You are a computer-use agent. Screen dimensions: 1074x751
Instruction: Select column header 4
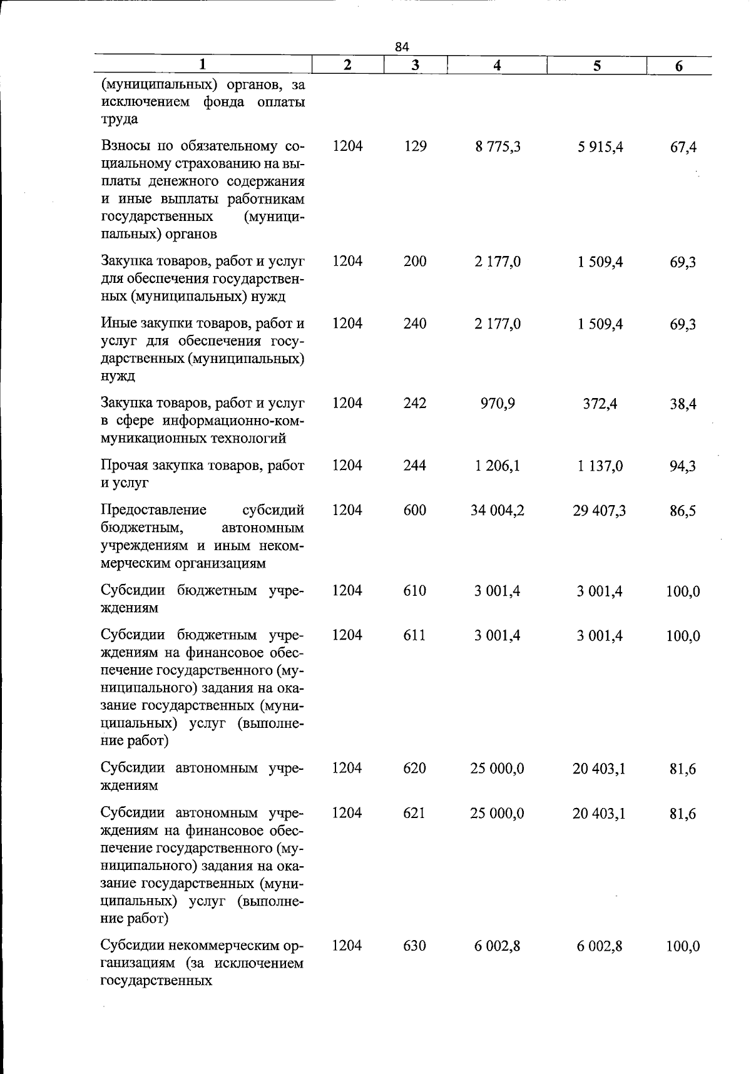(x=497, y=66)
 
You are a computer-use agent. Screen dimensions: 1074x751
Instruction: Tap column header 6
(x=679, y=66)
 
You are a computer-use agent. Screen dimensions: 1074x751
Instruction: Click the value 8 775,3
(x=497, y=147)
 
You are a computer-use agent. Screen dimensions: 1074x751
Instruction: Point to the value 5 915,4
(x=600, y=148)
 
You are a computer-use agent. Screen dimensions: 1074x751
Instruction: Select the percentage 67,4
(x=683, y=148)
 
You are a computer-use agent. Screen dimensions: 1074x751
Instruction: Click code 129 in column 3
(x=415, y=146)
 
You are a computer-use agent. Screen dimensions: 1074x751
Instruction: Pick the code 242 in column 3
(x=415, y=403)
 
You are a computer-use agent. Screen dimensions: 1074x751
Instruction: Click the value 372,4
(x=600, y=404)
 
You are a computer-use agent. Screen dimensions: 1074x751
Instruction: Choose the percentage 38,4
(x=683, y=404)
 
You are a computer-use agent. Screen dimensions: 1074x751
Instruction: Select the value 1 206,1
(x=497, y=466)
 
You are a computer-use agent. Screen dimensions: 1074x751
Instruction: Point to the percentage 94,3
(x=683, y=466)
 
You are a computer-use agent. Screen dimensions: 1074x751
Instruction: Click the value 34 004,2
(x=497, y=511)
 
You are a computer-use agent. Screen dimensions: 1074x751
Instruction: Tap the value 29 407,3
(x=599, y=511)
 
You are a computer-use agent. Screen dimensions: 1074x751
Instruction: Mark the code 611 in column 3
(x=415, y=635)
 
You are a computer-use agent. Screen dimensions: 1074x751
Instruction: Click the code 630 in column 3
(x=415, y=945)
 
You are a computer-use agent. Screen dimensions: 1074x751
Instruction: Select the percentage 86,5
(x=683, y=511)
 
